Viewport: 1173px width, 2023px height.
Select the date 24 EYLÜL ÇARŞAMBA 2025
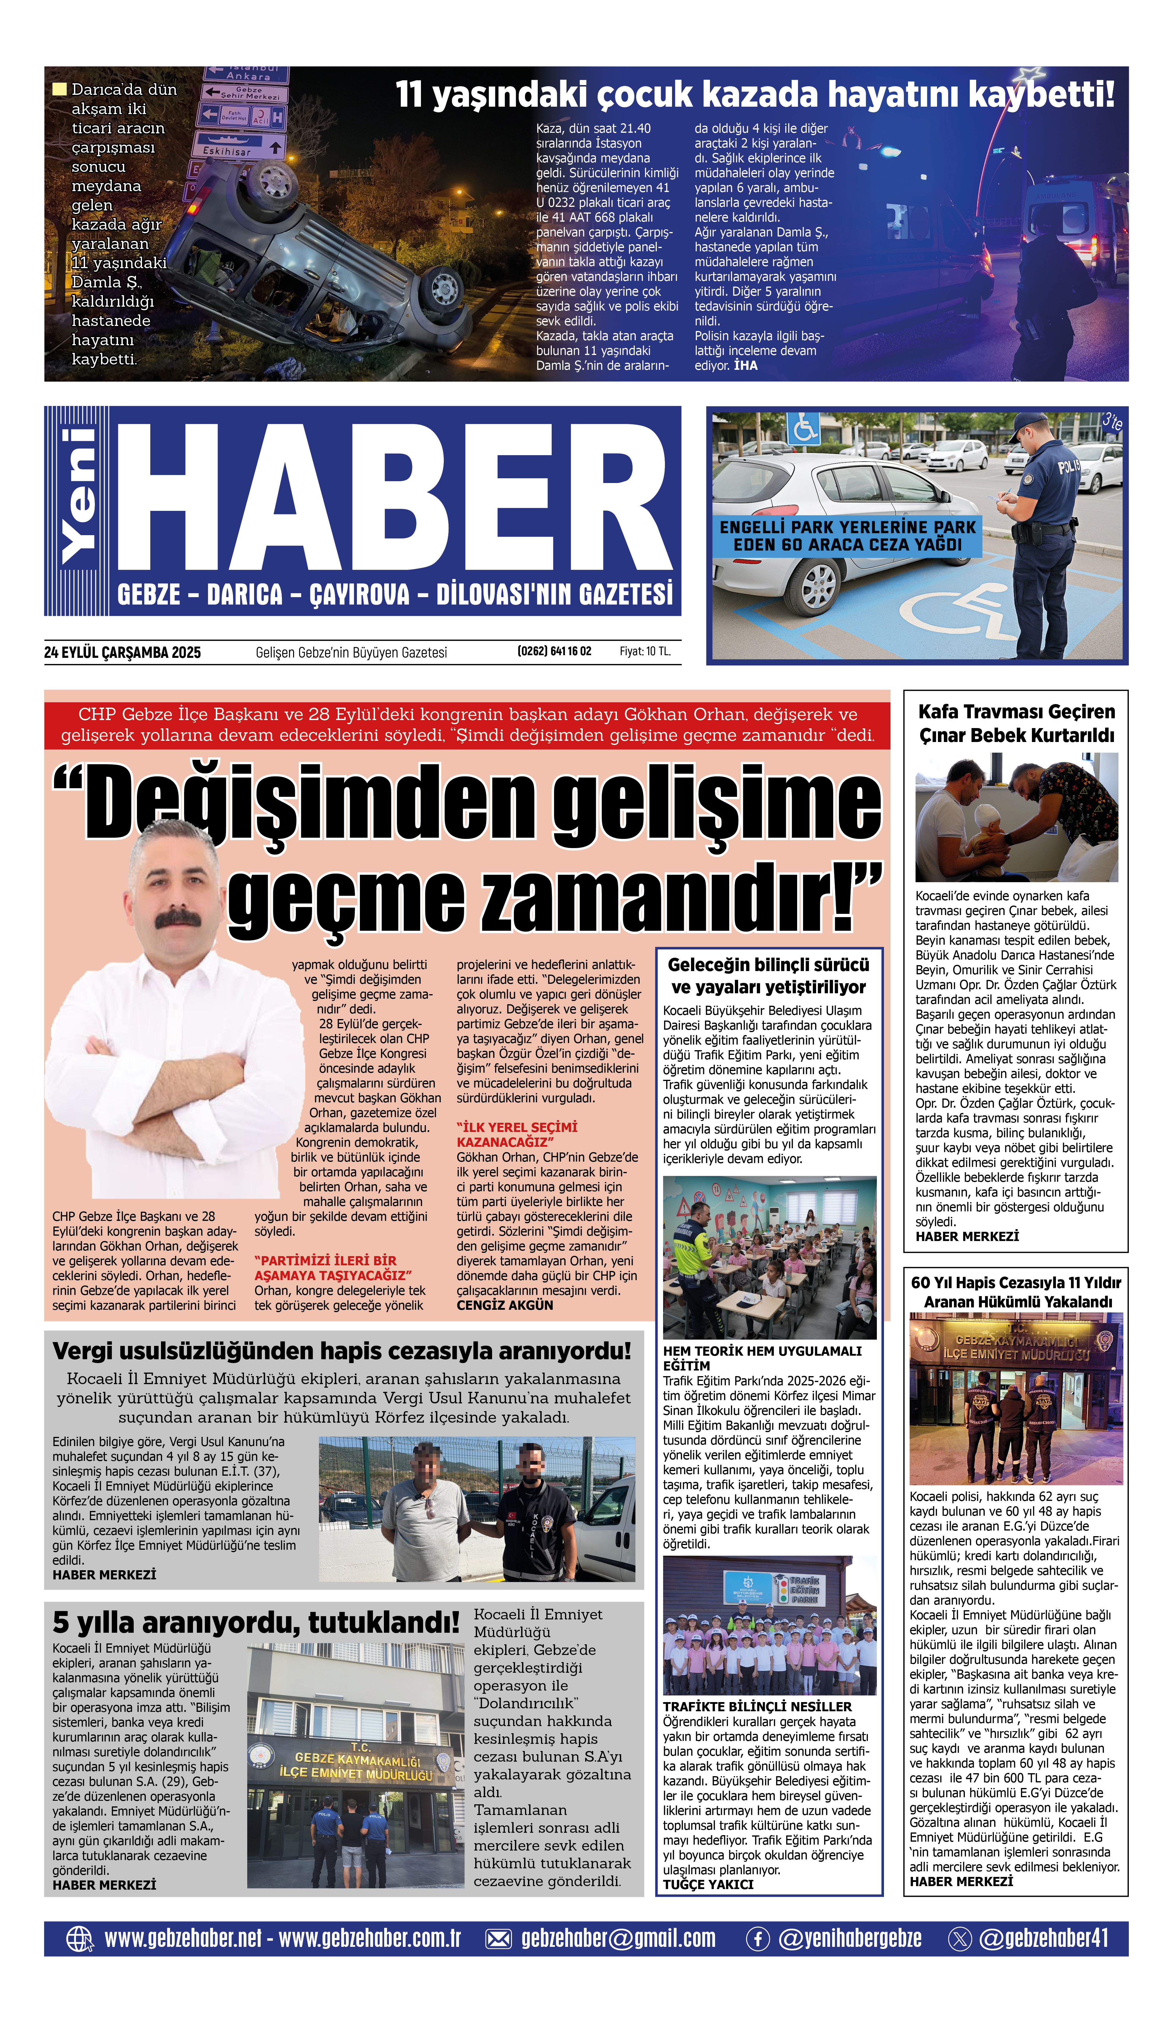tap(122, 652)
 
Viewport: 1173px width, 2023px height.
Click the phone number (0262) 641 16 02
tap(554, 651)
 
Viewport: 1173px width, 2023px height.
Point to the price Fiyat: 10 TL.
tap(644, 651)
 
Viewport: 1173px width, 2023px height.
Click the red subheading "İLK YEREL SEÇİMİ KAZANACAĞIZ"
tap(517, 1133)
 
